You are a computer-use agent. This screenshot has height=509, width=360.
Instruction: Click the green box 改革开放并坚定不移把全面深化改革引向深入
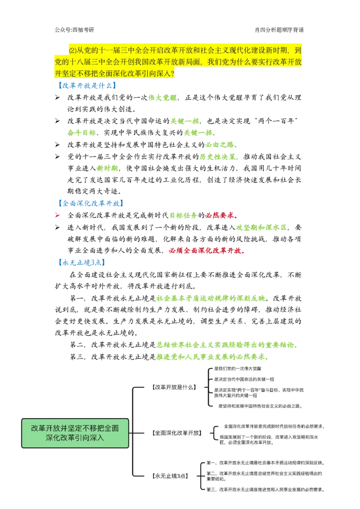[75, 433]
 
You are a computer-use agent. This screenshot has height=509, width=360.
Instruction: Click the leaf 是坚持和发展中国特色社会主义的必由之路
[260, 406]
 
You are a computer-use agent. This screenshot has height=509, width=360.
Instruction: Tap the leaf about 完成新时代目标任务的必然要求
[274, 426]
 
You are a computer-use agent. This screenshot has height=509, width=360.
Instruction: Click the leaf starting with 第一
[265, 462]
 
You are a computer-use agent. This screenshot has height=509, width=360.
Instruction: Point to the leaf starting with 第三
[265, 490]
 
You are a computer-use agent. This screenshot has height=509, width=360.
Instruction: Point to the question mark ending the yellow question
[173, 73]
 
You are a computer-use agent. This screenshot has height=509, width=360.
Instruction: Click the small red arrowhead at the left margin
[57, 216]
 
